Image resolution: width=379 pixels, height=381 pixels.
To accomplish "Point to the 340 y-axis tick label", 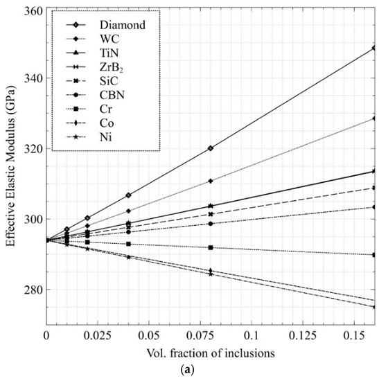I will coord(32,78).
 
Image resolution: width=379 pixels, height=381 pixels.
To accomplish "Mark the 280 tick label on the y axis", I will coord(32,290).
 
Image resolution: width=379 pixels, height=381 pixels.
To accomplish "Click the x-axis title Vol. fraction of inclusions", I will coord(210,352).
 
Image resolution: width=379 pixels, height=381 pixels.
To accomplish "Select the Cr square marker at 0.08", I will coord(210,247).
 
